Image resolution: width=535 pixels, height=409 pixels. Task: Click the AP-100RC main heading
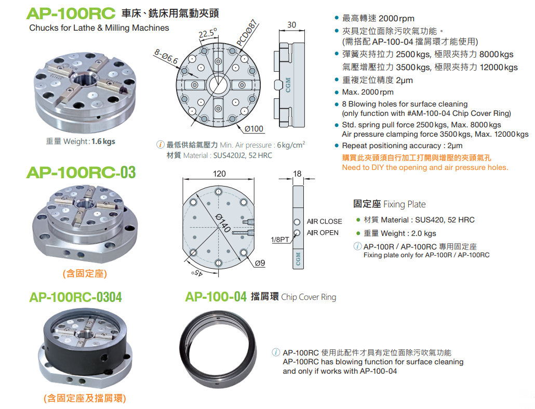[71, 14]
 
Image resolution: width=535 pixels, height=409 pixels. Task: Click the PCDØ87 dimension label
[247, 33]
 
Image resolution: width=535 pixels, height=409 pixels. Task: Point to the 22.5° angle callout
[208, 33]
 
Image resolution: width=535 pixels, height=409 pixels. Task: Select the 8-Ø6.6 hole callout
[166, 57]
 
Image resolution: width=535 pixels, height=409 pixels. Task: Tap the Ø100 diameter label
[254, 129]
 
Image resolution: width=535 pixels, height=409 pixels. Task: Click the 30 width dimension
[292, 25]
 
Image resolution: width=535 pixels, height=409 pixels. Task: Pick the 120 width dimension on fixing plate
[219, 174]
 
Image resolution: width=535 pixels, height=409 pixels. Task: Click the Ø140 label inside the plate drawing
[223, 222]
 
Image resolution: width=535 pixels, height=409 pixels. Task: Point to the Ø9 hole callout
[260, 263]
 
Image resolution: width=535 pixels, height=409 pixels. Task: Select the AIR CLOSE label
[324, 221]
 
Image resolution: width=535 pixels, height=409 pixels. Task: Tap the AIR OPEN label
[323, 233]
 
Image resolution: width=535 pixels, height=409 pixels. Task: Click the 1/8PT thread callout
[280, 240]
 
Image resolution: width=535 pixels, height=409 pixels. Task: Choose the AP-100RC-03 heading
[81, 173]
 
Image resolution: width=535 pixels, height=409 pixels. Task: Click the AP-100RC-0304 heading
[75, 297]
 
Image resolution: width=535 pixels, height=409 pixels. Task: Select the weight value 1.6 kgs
[103, 141]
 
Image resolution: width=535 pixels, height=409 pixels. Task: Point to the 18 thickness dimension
[297, 174]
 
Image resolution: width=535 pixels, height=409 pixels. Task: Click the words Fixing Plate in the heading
[404, 205]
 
